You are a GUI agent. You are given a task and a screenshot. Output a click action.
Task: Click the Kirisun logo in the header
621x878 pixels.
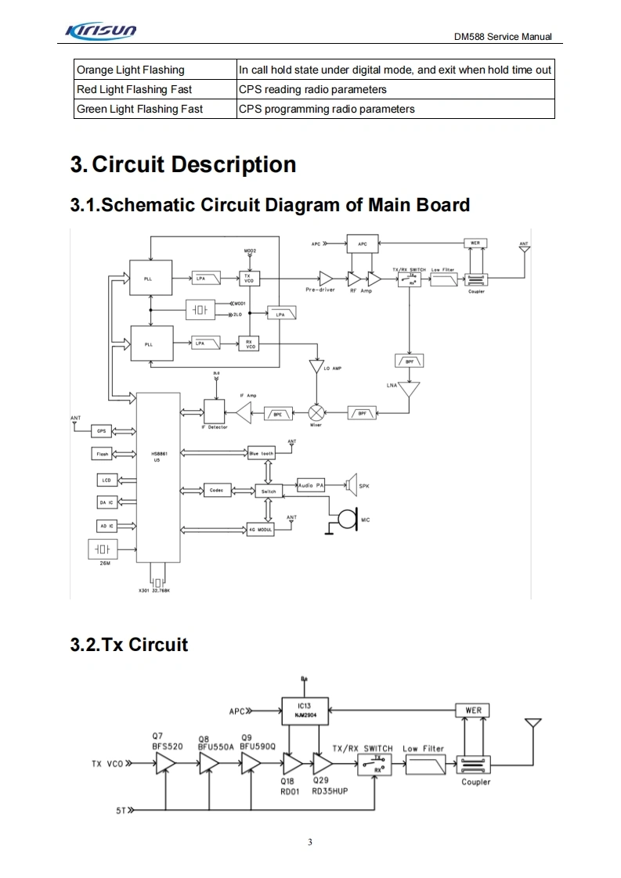(101, 31)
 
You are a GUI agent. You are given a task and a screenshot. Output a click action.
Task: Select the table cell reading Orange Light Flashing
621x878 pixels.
(131, 70)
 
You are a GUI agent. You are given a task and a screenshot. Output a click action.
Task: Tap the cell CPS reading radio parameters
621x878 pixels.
(312, 89)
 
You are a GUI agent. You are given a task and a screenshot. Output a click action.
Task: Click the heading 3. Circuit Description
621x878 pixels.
(183, 164)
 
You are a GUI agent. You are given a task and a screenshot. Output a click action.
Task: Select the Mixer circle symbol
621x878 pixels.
(316, 412)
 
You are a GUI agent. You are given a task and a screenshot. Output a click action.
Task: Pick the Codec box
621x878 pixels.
(216, 491)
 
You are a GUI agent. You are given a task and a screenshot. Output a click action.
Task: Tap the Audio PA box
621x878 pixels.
(311, 486)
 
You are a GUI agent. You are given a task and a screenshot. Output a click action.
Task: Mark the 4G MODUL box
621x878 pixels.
(260, 530)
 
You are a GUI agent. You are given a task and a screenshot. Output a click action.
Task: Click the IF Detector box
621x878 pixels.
(214, 412)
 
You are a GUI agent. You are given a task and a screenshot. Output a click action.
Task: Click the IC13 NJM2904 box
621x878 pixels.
(305, 709)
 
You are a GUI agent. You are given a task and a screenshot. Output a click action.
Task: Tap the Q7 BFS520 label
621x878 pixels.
(167, 741)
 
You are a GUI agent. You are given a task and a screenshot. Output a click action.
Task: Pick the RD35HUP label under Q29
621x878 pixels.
(330, 791)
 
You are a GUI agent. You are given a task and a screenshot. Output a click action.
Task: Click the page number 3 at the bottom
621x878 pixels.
(310, 842)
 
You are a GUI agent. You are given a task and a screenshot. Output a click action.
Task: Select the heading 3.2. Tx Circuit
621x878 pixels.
(129, 644)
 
